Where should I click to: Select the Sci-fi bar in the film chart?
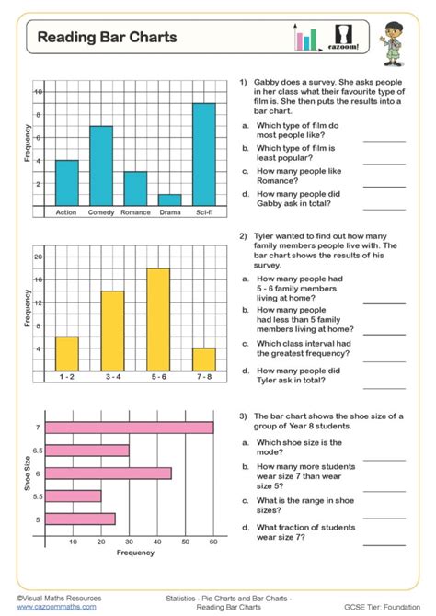pos(204,154)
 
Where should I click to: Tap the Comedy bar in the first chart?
pos(100,165)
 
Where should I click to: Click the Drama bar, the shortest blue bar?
pos(169,200)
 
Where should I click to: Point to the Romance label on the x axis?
pos(135,212)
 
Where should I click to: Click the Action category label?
pos(66,212)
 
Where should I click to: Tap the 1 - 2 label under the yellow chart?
pos(67,377)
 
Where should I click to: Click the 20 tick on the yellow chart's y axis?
pos(38,257)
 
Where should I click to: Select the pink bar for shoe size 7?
pos(129,428)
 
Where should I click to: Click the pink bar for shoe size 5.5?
pos(74,496)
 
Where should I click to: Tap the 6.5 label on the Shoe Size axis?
pos(37,451)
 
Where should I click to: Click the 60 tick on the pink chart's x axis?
pos(212,542)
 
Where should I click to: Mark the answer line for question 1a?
pos(384,140)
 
